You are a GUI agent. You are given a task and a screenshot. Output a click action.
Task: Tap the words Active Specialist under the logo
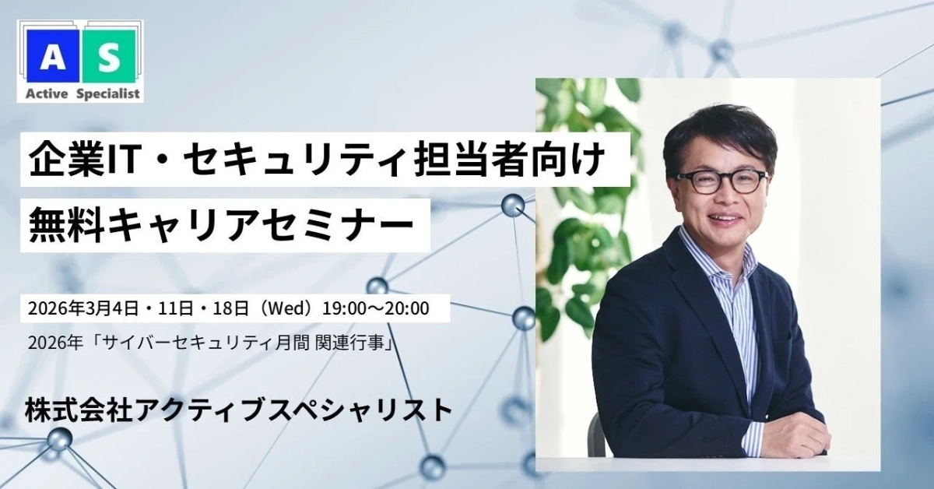coord(79,94)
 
